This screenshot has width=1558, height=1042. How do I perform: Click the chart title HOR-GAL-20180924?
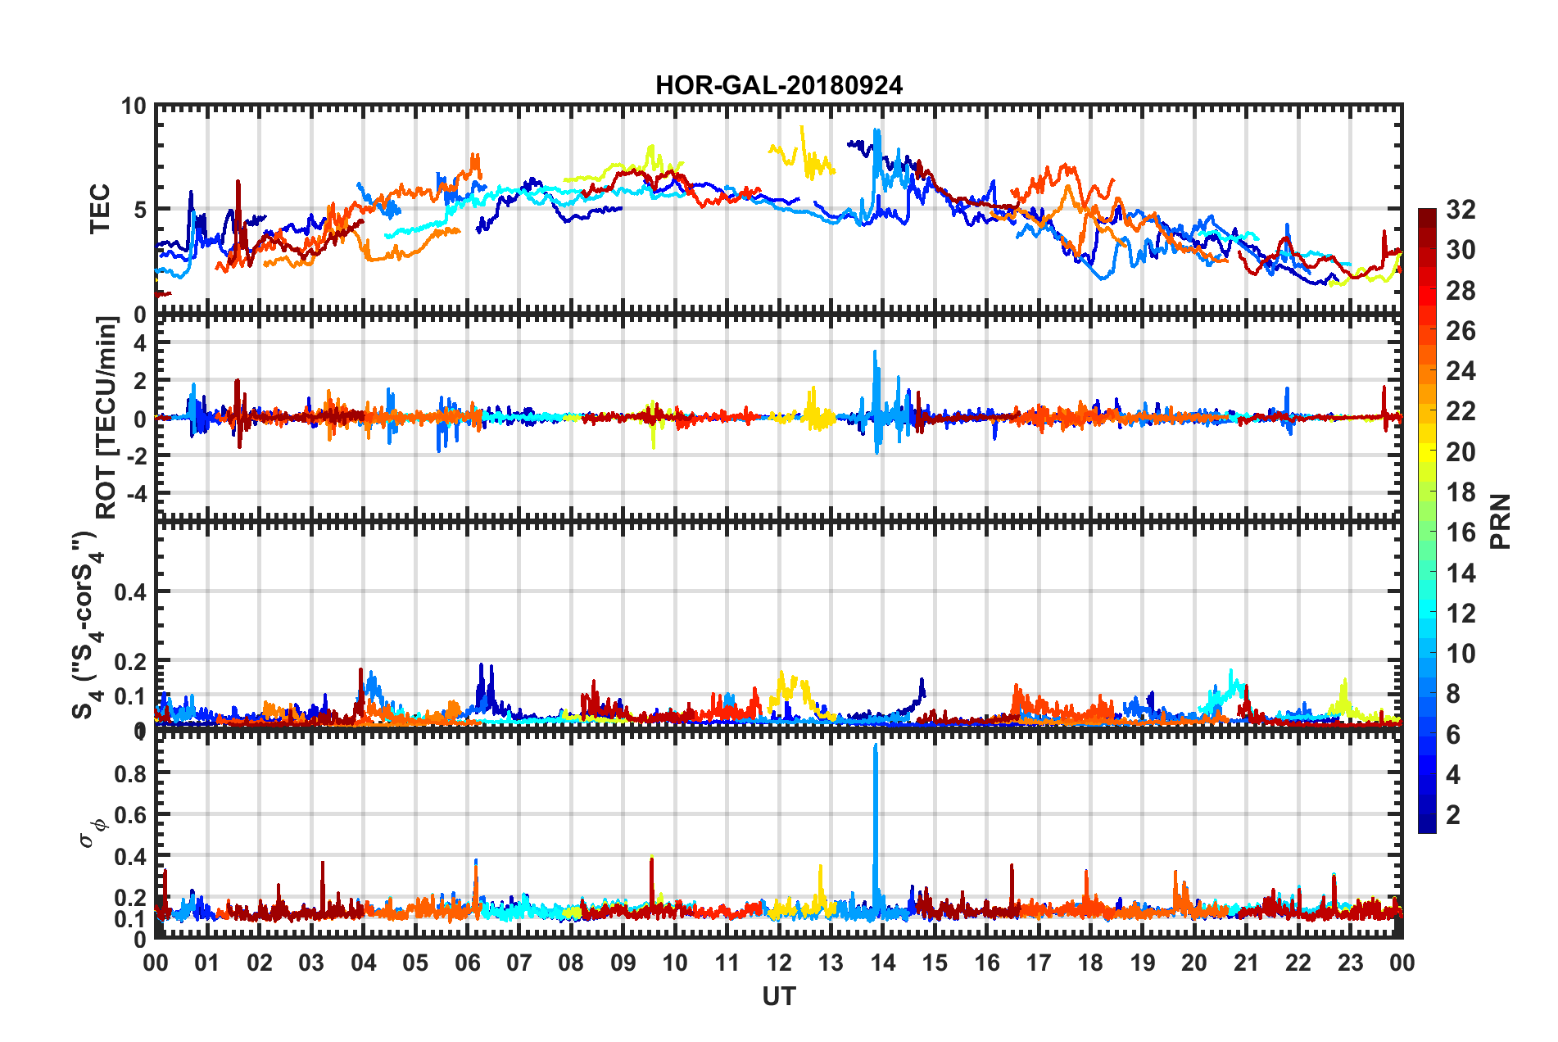[x=778, y=85]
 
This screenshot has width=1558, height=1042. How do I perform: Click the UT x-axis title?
[x=778, y=996]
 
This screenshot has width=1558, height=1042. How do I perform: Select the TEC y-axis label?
[x=99, y=209]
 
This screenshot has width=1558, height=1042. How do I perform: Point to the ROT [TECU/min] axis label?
[x=106, y=418]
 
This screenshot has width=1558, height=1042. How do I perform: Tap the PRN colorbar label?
[x=1501, y=521]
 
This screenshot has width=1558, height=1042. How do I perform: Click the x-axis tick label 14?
[x=882, y=963]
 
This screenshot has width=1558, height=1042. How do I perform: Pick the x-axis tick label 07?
[x=519, y=963]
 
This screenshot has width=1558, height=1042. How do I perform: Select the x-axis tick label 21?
[x=1246, y=963]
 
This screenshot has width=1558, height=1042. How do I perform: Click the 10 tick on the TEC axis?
[x=134, y=106]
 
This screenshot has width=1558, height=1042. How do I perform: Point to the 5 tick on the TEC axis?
[x=139, y=210]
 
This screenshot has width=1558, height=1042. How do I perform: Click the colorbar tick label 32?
[x=1460, y=210]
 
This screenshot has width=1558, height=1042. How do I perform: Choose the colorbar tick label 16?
[x=1460, y=532]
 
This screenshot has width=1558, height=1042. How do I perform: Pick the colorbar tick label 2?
[x=1454, y=814]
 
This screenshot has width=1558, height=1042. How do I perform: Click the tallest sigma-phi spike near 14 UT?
[x=876, y=747]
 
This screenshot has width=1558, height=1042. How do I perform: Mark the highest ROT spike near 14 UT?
[x=875, y=352]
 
